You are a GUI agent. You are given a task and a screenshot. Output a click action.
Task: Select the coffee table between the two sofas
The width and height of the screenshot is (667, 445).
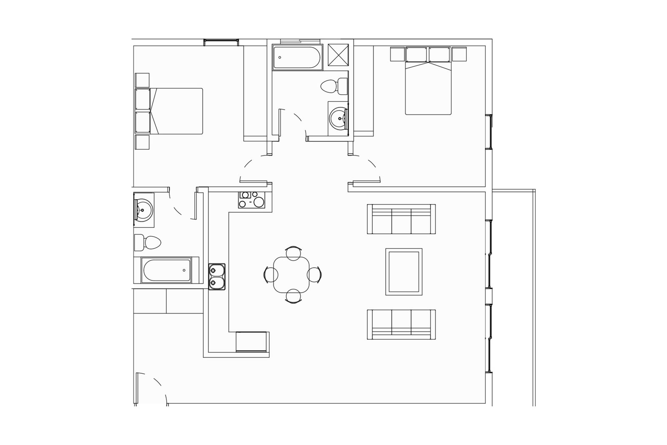404,271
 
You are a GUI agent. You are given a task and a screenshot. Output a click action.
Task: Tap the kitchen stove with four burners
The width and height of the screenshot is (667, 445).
251,199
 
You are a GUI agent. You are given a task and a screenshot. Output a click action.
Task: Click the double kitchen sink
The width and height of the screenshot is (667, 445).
217,276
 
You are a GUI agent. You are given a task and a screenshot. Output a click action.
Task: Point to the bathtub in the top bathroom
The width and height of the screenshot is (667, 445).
297,57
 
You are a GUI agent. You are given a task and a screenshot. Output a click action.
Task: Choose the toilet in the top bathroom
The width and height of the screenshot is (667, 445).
335,86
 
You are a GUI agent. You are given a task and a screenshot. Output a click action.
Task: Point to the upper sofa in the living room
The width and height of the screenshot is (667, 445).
401,219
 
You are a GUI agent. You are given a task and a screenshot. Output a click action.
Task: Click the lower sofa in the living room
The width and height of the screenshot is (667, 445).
401,325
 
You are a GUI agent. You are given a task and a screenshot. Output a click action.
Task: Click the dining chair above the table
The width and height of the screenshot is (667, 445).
293,252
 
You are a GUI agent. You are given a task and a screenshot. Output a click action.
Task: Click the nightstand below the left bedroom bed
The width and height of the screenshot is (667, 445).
142,142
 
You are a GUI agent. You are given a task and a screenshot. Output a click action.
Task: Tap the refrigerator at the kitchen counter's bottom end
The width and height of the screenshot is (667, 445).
251,341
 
